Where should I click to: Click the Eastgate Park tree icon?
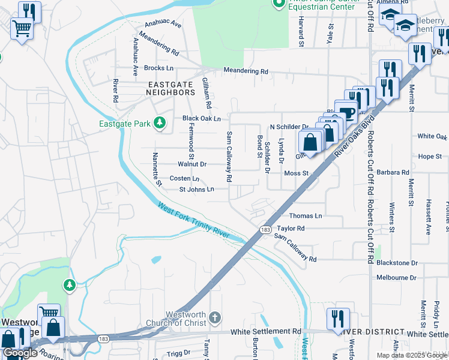tap(159, 123)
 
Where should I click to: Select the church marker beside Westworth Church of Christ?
tap(215, 316)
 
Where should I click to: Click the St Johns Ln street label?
tap(197, 190)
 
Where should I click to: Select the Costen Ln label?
tap(184, 179)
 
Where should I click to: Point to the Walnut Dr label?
tap(192, 164)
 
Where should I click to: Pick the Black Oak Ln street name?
tap(202, 119)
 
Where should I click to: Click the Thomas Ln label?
tap(306, 215)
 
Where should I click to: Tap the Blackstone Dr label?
tap(397, 263)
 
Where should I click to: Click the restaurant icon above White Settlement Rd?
tap(339, 318)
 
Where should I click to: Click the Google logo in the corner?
tap(20, 353)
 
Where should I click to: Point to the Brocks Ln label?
tap(158, 68)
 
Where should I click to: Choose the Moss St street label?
tap(296, 173)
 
